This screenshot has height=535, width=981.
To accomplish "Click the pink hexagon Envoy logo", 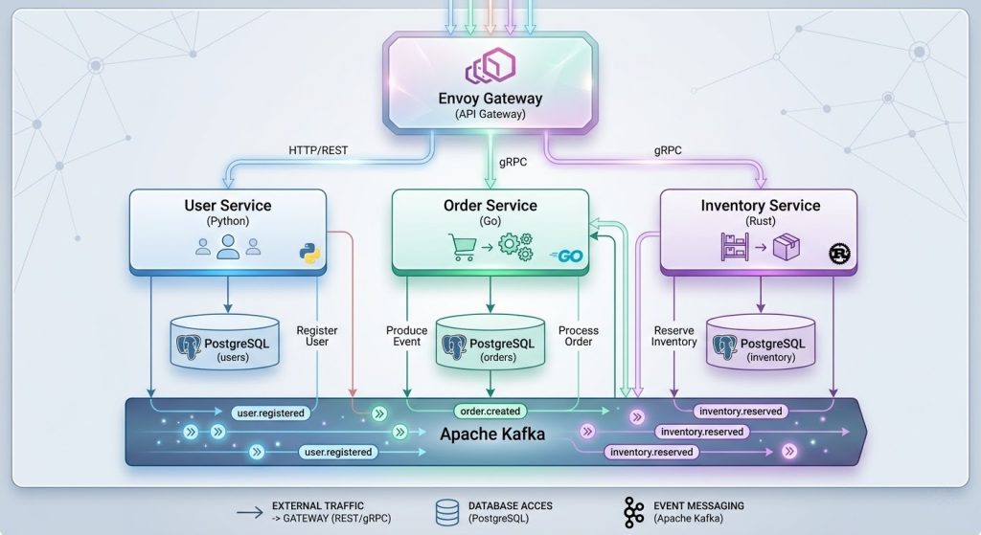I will pos(490,68).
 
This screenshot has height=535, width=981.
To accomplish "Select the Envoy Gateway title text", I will pos(490,99).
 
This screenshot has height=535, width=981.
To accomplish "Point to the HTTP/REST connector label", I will pos(319,150).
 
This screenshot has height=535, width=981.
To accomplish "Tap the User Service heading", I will pos(227,206).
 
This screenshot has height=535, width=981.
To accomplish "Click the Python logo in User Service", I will pos(308,253).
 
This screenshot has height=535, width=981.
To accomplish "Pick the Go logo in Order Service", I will pos(567,255).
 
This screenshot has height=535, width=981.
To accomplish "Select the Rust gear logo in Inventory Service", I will pos(839,254).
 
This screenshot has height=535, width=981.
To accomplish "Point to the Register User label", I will pos(317,337).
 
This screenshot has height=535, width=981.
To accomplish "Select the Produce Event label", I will pos(407,336).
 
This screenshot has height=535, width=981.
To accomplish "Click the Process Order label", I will pos(579,336).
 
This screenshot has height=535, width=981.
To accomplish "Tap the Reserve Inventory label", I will pos(674,336).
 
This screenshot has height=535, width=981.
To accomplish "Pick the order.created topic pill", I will pos(490,412).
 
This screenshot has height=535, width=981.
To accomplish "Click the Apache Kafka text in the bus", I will pos(493,435).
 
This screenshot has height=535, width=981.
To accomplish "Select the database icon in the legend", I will pos(445,512).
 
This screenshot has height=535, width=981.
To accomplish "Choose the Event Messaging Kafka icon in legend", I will pos(633,512).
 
